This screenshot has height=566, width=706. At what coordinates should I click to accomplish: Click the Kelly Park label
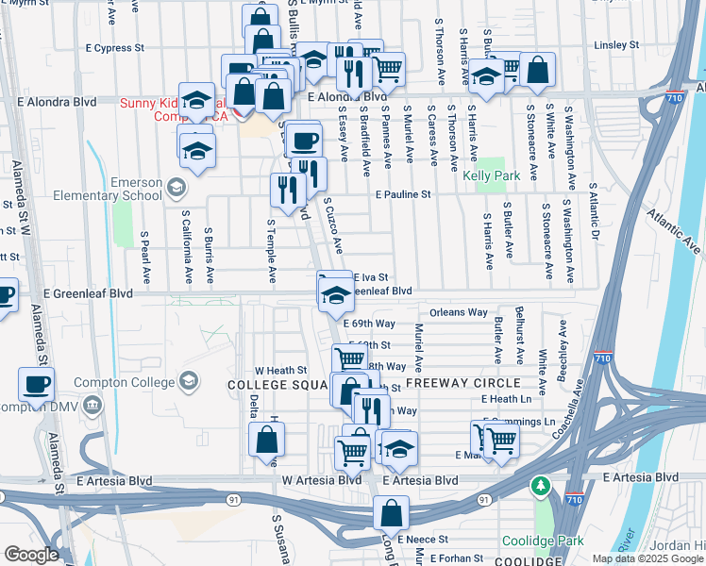(x=492, y=176)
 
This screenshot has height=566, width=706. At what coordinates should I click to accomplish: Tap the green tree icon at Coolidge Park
(x=541, y=487)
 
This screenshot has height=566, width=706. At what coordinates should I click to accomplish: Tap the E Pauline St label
(x=402, y=195)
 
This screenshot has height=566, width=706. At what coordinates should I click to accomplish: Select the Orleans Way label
(x=459, y=312)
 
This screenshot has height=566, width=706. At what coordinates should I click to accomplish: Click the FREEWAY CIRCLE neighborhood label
(x=462, y=383)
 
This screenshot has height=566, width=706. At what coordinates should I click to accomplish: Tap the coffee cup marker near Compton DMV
(x=36, y=385)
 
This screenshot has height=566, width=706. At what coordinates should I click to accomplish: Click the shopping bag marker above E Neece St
(x=391, y=514)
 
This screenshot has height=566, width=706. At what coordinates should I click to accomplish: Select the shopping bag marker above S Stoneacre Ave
(x=537, y=70)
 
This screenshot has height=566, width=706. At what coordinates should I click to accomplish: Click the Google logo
(x=31, y=555)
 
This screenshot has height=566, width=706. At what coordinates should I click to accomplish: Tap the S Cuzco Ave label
(x=332, y=225)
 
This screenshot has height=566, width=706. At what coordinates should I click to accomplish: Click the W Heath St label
(x=281, y=370)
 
